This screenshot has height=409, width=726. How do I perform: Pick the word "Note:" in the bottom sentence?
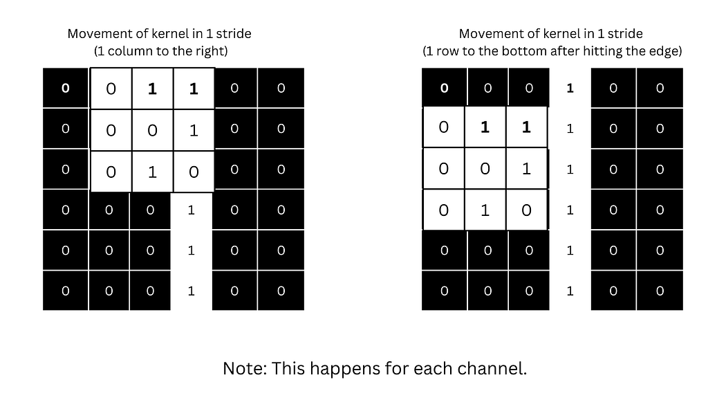pyautogui.click(x=245, y=368)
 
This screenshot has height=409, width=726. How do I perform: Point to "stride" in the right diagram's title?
pyautogui.click(x=625, y=33)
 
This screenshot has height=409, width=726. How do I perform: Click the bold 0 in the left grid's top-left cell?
pyautogui.click(x=66, y=88)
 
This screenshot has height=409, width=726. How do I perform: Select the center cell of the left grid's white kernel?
pyautogui.click(x=152, y=129)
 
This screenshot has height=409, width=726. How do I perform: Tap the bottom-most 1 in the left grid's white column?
pyautogui.click(x=192, y=291)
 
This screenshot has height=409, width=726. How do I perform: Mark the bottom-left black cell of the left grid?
pyautogui.click(x=66, y=291)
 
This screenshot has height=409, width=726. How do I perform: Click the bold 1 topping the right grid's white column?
pyautogui.click(x=570, y=88)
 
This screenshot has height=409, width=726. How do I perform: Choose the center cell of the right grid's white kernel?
pyautogui.click(x=485, y=169)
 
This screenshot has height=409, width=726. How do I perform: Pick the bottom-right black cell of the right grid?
pyautogui.click(x=659, y=291)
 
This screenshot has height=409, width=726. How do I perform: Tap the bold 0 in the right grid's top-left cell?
pyautogui.click(x=444, y=88)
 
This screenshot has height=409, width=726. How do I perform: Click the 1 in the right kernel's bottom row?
pyautogui.click(x=485, y=210)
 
